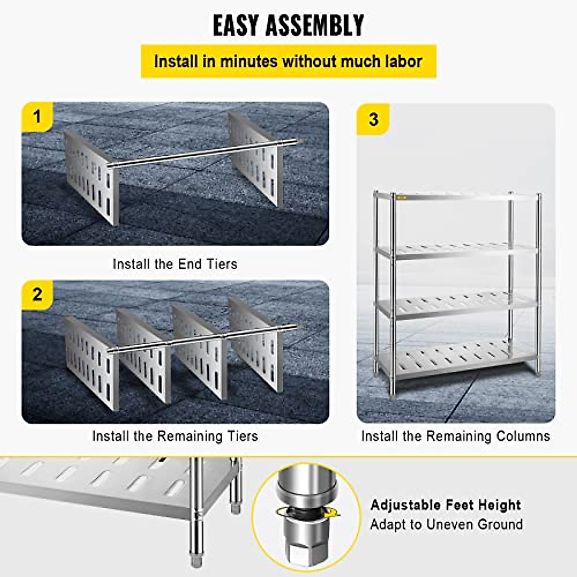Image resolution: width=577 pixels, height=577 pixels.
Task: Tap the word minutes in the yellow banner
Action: (249, 62)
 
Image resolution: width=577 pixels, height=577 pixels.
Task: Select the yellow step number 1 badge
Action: (37, 117)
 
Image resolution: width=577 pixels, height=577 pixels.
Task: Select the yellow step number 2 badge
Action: (37, 294)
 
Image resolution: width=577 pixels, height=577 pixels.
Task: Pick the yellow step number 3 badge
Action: (373, 119)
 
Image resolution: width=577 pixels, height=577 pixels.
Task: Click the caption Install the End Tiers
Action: (175, 264)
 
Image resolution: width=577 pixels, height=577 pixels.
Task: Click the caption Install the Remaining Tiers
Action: (175, 436)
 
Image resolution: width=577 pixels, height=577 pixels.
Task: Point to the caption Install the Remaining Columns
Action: (455, 436)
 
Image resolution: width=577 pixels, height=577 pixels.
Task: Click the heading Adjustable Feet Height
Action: (446, 505)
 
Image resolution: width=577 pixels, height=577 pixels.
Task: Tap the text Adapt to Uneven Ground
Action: (446, 524)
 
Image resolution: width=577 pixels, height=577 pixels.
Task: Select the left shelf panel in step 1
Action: (91, 178)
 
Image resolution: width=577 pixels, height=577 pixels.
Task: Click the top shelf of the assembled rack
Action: (457, 196)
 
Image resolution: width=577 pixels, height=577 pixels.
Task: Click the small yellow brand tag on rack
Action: (401, 198)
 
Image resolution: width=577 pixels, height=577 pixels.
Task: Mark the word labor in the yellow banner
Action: (403, 62)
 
